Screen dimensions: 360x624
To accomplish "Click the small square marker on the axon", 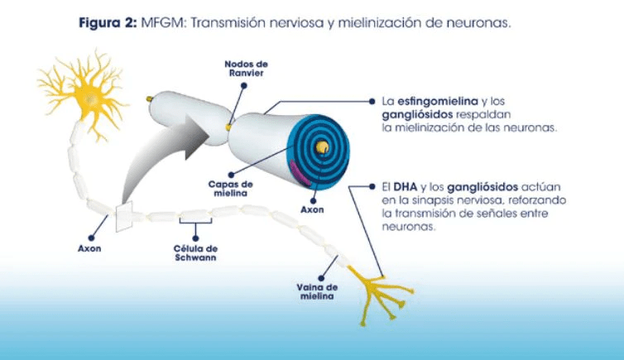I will pos(124,216).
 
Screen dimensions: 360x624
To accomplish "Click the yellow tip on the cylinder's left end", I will pos(150,98).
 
